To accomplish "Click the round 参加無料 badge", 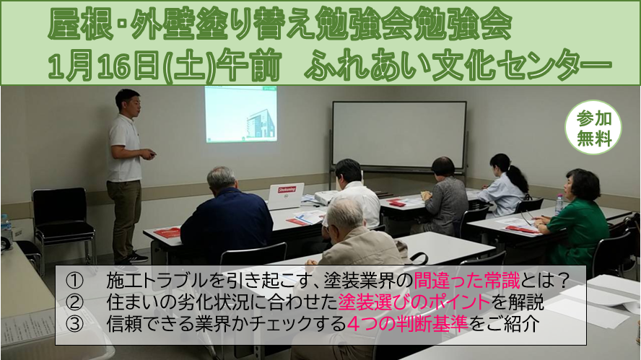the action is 593,128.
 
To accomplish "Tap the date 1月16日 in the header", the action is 104,66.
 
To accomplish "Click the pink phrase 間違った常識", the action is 466,281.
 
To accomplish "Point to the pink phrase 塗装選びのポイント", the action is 414,302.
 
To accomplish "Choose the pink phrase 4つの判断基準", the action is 407,324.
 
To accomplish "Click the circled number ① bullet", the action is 74,281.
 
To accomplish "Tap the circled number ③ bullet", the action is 74,324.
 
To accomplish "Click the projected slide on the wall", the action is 241,114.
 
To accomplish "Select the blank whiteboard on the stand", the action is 399,134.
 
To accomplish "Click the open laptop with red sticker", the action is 286,196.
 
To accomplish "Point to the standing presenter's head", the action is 128,102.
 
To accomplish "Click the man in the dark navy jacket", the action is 226,216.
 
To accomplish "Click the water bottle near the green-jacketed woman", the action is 559,204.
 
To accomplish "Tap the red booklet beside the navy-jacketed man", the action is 167,232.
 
